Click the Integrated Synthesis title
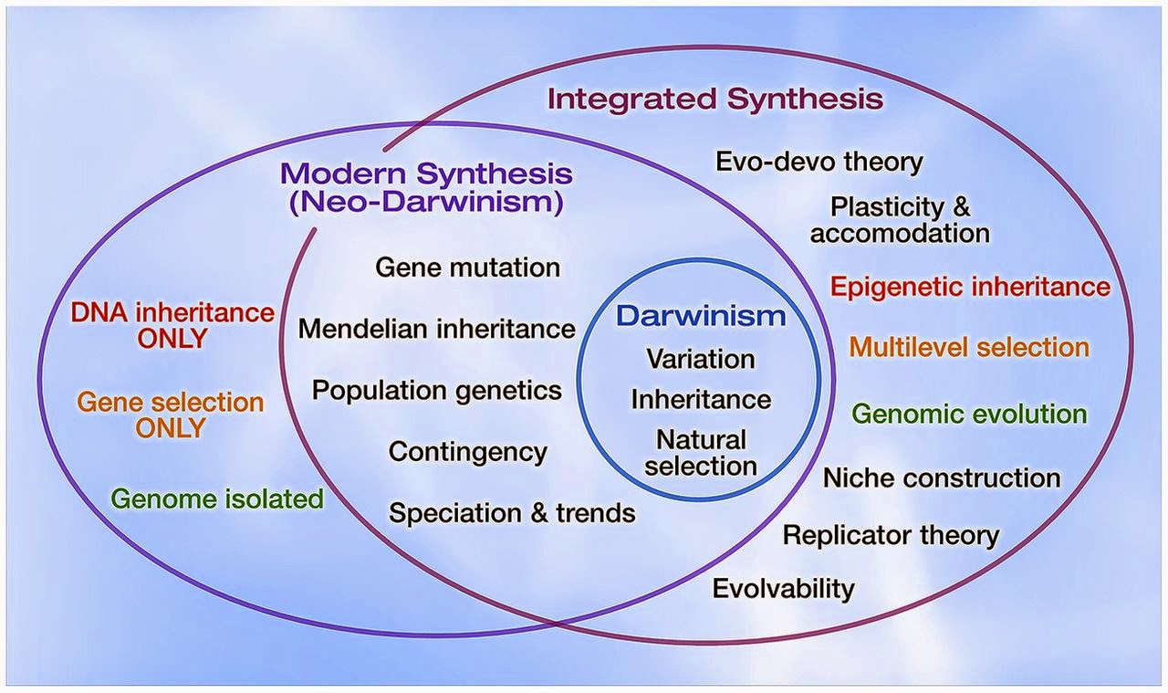pyautogui.click(x=715, y=99)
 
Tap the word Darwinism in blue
pyautogui.click(x=701, y=316)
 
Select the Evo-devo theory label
pyautogui.click(x=819, y=162)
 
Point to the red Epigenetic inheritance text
pyautogui.click(x=970, y=287)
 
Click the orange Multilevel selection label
pyautogui.click(x=969, y=347)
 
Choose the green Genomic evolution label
pyautogui.click(x=969, y=414)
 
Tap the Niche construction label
pyautogui.click(x=942, y=478)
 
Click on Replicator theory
pyautogui.click(x=892, y=535)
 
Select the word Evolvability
pyautogui.click(x=783, y=589)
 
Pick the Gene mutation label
pyautogui.click(x=468, y=268)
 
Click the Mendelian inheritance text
pyautogui.click(x=437, y=329)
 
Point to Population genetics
pyautogui.click(x=437, y=391)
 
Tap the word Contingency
pyautogui.click(x=468, y=452)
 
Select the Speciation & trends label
pyautogui.click(x=512, y=513)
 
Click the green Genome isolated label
pyautogui.click(x=217, y=499)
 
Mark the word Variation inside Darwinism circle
pyautogui.click(x=701, y=359)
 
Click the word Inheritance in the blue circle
pyautogui.click(x=701, y=400)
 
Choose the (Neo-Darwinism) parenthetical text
pyautogui.click(x=426, y=203)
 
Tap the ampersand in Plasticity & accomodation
pyautogui.click(x=961, y=207)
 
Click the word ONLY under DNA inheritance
pyautogui.click(x=172, y=339)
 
